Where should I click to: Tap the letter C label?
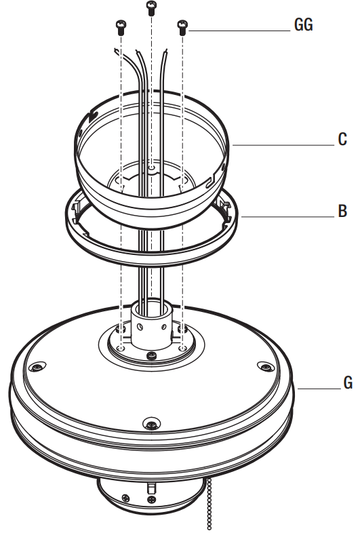pos(342,140)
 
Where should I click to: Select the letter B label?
pos(342,211)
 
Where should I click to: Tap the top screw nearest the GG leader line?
pos(182,26)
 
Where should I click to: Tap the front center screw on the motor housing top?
pos(151,425)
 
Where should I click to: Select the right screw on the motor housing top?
pos(262,366)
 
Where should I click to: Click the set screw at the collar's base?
pos(153,355)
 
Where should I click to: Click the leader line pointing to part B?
pos(285,216)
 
